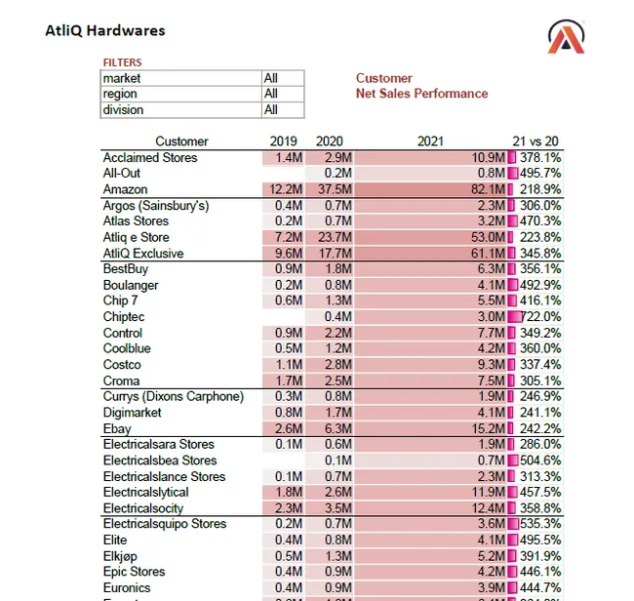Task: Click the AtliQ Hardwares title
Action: click(105, 30)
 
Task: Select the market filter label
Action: click(122, 78)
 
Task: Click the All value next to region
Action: click(271, 94)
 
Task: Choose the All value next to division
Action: click(271, 110)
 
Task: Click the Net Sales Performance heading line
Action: click(421, 94)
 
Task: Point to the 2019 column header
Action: click(283, 141)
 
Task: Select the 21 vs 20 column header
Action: click(536, 141)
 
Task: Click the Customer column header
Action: click(181, 141)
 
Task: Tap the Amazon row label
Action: click(126, 189)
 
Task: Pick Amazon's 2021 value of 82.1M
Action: click(488, 189)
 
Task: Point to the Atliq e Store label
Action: click(136, 237)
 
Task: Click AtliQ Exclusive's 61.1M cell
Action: click(488, 254)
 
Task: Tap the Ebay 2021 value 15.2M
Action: click(488, 428)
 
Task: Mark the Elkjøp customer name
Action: click(121, 556)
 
